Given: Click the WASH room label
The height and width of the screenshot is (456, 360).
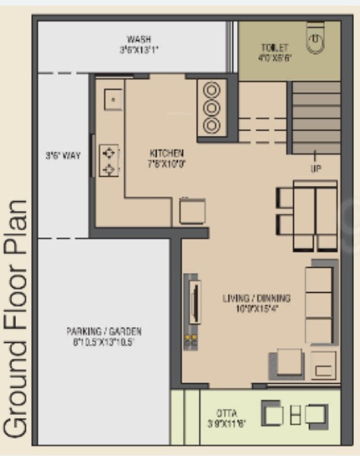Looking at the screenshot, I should click(138, 39).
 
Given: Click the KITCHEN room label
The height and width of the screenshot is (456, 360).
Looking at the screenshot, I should click(166, 153).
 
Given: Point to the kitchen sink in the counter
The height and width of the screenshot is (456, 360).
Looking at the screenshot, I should click(112, 98).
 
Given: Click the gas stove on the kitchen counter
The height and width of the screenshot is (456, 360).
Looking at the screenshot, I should click(109, 160).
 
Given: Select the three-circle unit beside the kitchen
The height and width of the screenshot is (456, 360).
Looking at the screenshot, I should click(212, 108).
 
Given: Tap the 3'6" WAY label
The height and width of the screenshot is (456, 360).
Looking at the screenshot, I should click(62, 156).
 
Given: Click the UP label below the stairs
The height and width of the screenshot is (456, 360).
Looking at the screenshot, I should click(314, 168).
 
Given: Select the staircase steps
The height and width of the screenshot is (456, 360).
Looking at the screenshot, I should click(315, 118).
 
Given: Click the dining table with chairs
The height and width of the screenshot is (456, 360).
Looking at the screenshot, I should click(307, 215).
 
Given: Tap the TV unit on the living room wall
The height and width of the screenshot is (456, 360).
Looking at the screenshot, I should click(194, 303).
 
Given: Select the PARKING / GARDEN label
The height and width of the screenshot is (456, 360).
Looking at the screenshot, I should click(104, 332).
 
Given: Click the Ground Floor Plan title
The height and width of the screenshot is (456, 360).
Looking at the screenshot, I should click(17, 319).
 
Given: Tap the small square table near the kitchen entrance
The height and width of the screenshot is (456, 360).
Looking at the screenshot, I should click(192, 210).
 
